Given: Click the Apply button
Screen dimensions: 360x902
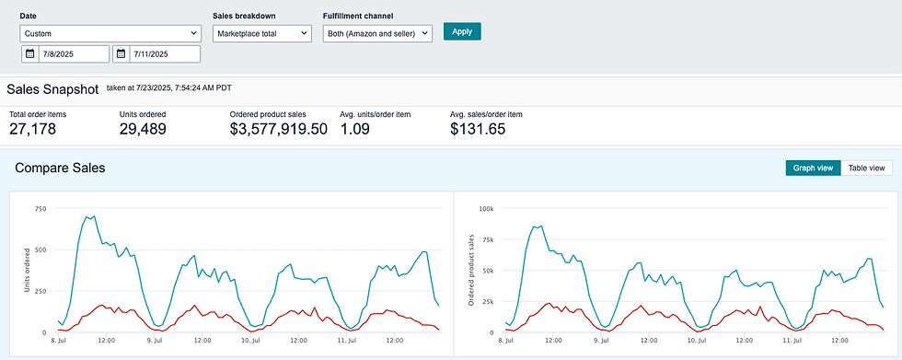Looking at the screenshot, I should pos(462,31).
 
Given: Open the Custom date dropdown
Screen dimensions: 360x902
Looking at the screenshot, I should pos(110,33).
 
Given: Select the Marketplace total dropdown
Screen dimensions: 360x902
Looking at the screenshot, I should pos(262,33).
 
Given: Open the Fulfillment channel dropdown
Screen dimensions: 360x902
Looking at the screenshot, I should pos(377,33).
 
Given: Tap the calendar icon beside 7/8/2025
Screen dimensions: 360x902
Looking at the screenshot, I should pos(29,54).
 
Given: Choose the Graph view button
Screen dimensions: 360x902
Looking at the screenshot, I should pos(813,168).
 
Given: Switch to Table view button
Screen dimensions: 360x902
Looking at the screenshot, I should pos(866,168).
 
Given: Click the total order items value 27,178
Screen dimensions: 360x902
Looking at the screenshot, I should pos(33,129).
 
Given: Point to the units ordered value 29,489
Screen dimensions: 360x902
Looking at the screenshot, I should pos(143,129).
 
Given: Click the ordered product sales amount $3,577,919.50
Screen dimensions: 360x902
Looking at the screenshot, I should pos(278,129).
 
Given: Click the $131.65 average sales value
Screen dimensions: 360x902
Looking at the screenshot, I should pos(478,129).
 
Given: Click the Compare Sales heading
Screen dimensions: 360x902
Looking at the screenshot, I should pos(60,168).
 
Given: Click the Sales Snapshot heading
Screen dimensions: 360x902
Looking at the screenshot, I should pos(53,89).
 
